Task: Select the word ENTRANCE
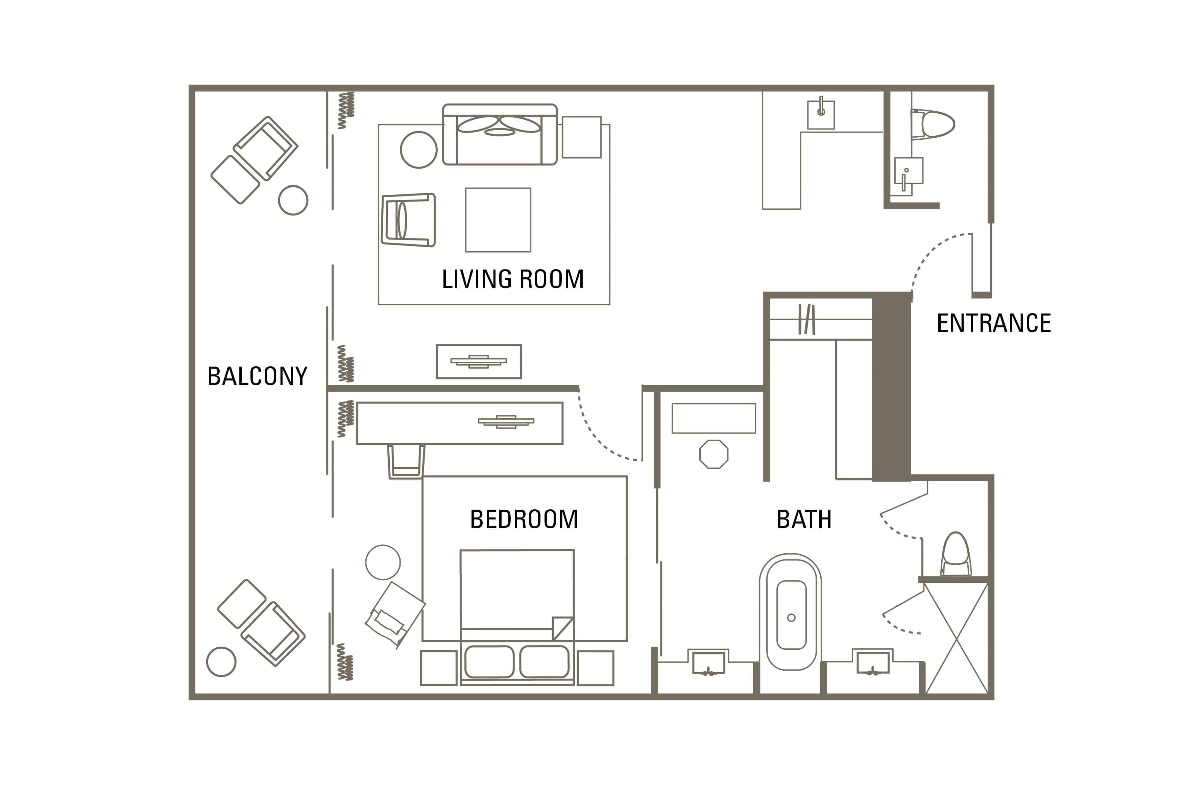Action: click(993, 323)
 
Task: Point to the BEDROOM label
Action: click(524, 519)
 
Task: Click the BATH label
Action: click(804, 519)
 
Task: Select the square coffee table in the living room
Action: click(498, 219)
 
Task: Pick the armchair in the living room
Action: click(408, 220)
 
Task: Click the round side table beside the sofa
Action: click(418, 149)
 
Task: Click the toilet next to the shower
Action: click(956, 554)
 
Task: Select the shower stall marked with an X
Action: click(956, 638)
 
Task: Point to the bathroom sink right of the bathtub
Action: click(872, 662)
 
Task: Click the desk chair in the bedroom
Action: click(406, 461)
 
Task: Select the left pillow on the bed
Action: click(489, 662)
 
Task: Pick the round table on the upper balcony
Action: click(293, 200)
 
